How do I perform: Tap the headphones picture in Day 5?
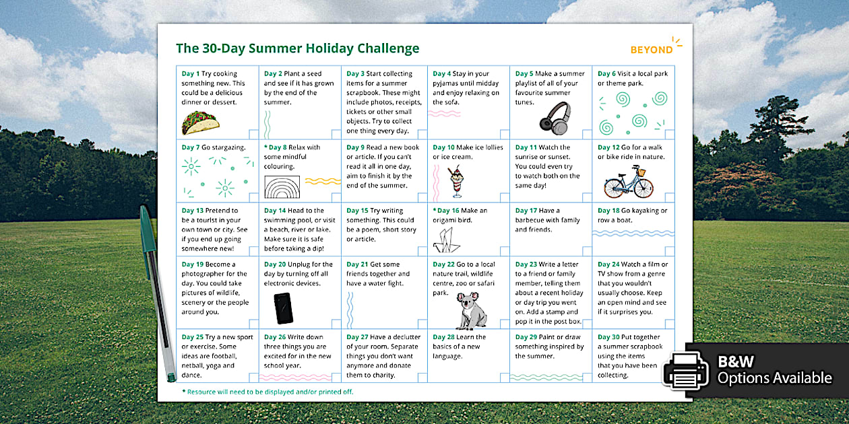pos(555,117)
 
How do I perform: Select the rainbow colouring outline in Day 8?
pos(282,187)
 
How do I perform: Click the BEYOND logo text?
pos(652,50)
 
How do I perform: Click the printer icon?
pos(685,369)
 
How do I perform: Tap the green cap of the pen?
pos(146,229)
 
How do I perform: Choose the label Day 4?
pos(442,74)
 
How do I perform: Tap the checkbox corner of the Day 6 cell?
pos(669,133)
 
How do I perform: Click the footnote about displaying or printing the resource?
pos(268,392)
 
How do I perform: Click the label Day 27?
pos(358,337)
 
